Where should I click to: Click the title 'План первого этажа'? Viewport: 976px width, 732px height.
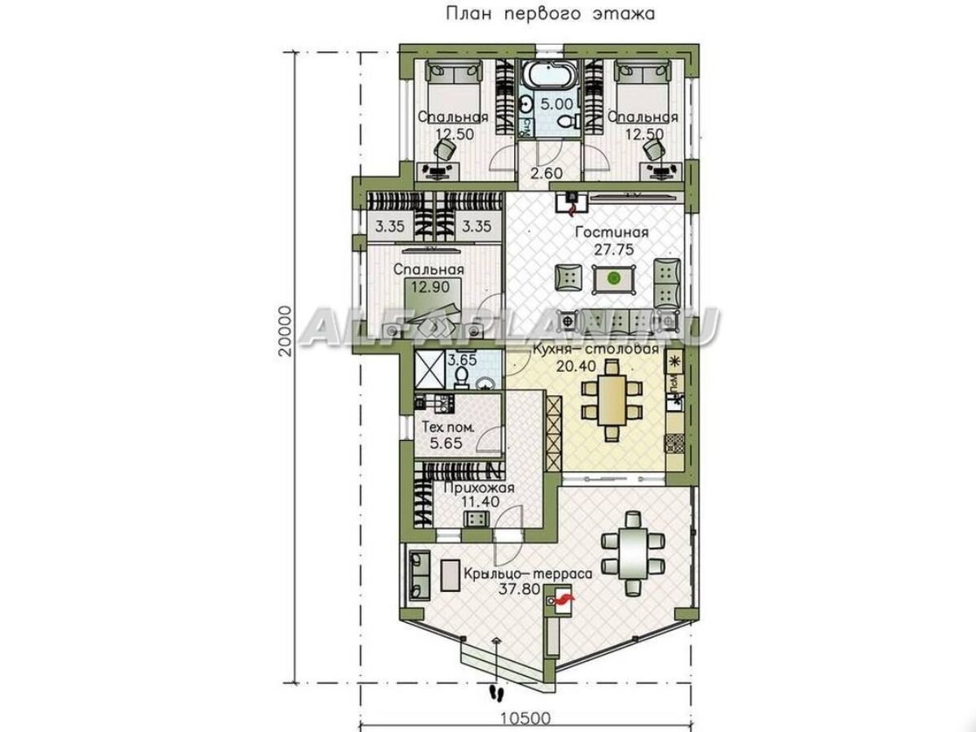[x=550, y=14]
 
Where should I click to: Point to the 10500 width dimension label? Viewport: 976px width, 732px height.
[x=525, y=719]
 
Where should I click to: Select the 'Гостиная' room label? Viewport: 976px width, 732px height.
[x=612, y=233]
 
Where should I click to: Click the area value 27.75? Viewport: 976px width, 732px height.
[x=614, y=250]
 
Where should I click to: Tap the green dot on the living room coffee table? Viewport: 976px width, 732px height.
[x=614, y=279]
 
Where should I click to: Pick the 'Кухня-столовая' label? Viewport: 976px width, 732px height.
[x=595, y=349]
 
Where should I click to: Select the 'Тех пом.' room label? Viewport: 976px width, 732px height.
[x=448, y=428]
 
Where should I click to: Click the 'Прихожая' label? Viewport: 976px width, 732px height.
[x=479, y=488]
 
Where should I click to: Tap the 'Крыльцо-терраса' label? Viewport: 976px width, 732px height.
[x=528, y=573]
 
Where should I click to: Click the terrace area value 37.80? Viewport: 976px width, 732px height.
[x=520, y=590]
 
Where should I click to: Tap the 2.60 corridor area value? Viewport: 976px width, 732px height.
[x=547, y=173]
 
